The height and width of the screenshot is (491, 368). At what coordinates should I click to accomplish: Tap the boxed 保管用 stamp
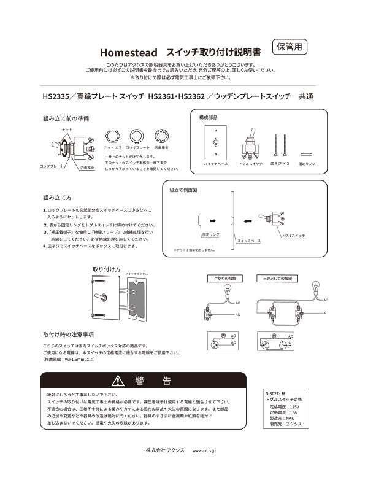coord(289,47)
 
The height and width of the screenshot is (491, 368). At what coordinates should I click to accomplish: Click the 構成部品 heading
coord(209,117)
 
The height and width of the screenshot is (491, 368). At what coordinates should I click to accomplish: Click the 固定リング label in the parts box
coord(307,164)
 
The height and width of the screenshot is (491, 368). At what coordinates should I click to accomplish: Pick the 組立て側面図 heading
coord(183,191)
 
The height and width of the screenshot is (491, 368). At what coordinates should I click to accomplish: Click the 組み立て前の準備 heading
coord(66,117)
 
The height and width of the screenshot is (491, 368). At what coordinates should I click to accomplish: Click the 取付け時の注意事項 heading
coord(68,334)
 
